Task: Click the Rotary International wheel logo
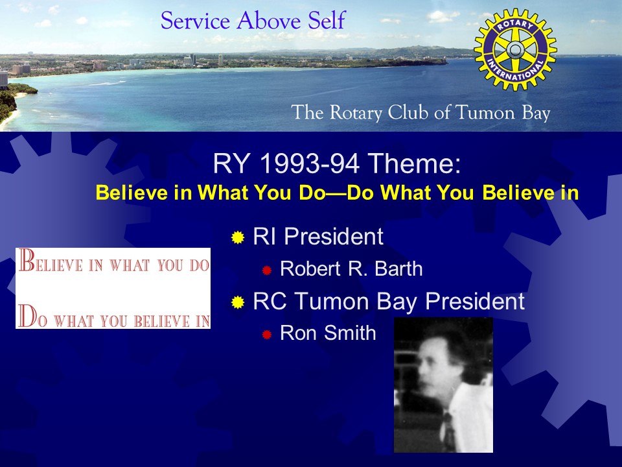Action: [x=515, y=50]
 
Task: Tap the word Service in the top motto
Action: [x=195, y=21]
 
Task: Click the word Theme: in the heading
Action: [x=414, y=163]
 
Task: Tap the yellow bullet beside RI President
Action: [x=238, y=237]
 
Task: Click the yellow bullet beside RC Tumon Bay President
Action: [x=238, y=302]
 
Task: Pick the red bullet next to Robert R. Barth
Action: [x=266, y=270]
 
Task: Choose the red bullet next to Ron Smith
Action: [x=266, y=335]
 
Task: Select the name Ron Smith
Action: [x=328, y=333]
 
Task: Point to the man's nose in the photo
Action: [x=421, y=374]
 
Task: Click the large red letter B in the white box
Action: [x=27, y=260]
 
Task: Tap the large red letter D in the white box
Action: [x=28, y=316]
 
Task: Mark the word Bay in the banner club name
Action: [x=536, y=113]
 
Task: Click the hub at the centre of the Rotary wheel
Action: [x=515, y=50]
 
